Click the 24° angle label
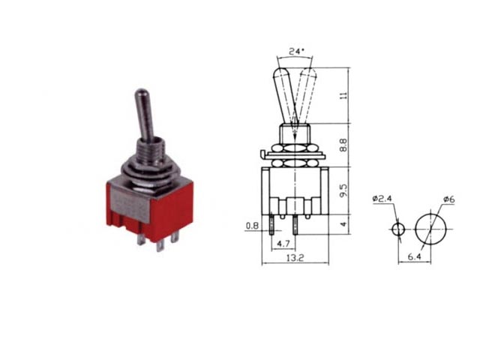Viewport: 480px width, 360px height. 296,51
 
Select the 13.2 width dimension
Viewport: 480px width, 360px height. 295,258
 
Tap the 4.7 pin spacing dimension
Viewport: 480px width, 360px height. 283,244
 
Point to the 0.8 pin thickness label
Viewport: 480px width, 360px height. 252,226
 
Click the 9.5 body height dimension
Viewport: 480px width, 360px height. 344,190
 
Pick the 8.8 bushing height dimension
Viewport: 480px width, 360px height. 344,145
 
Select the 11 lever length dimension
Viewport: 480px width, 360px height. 344,95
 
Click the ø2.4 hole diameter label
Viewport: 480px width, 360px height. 382,198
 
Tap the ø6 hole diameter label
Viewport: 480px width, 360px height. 449,199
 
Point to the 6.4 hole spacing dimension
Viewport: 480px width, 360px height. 415,256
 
